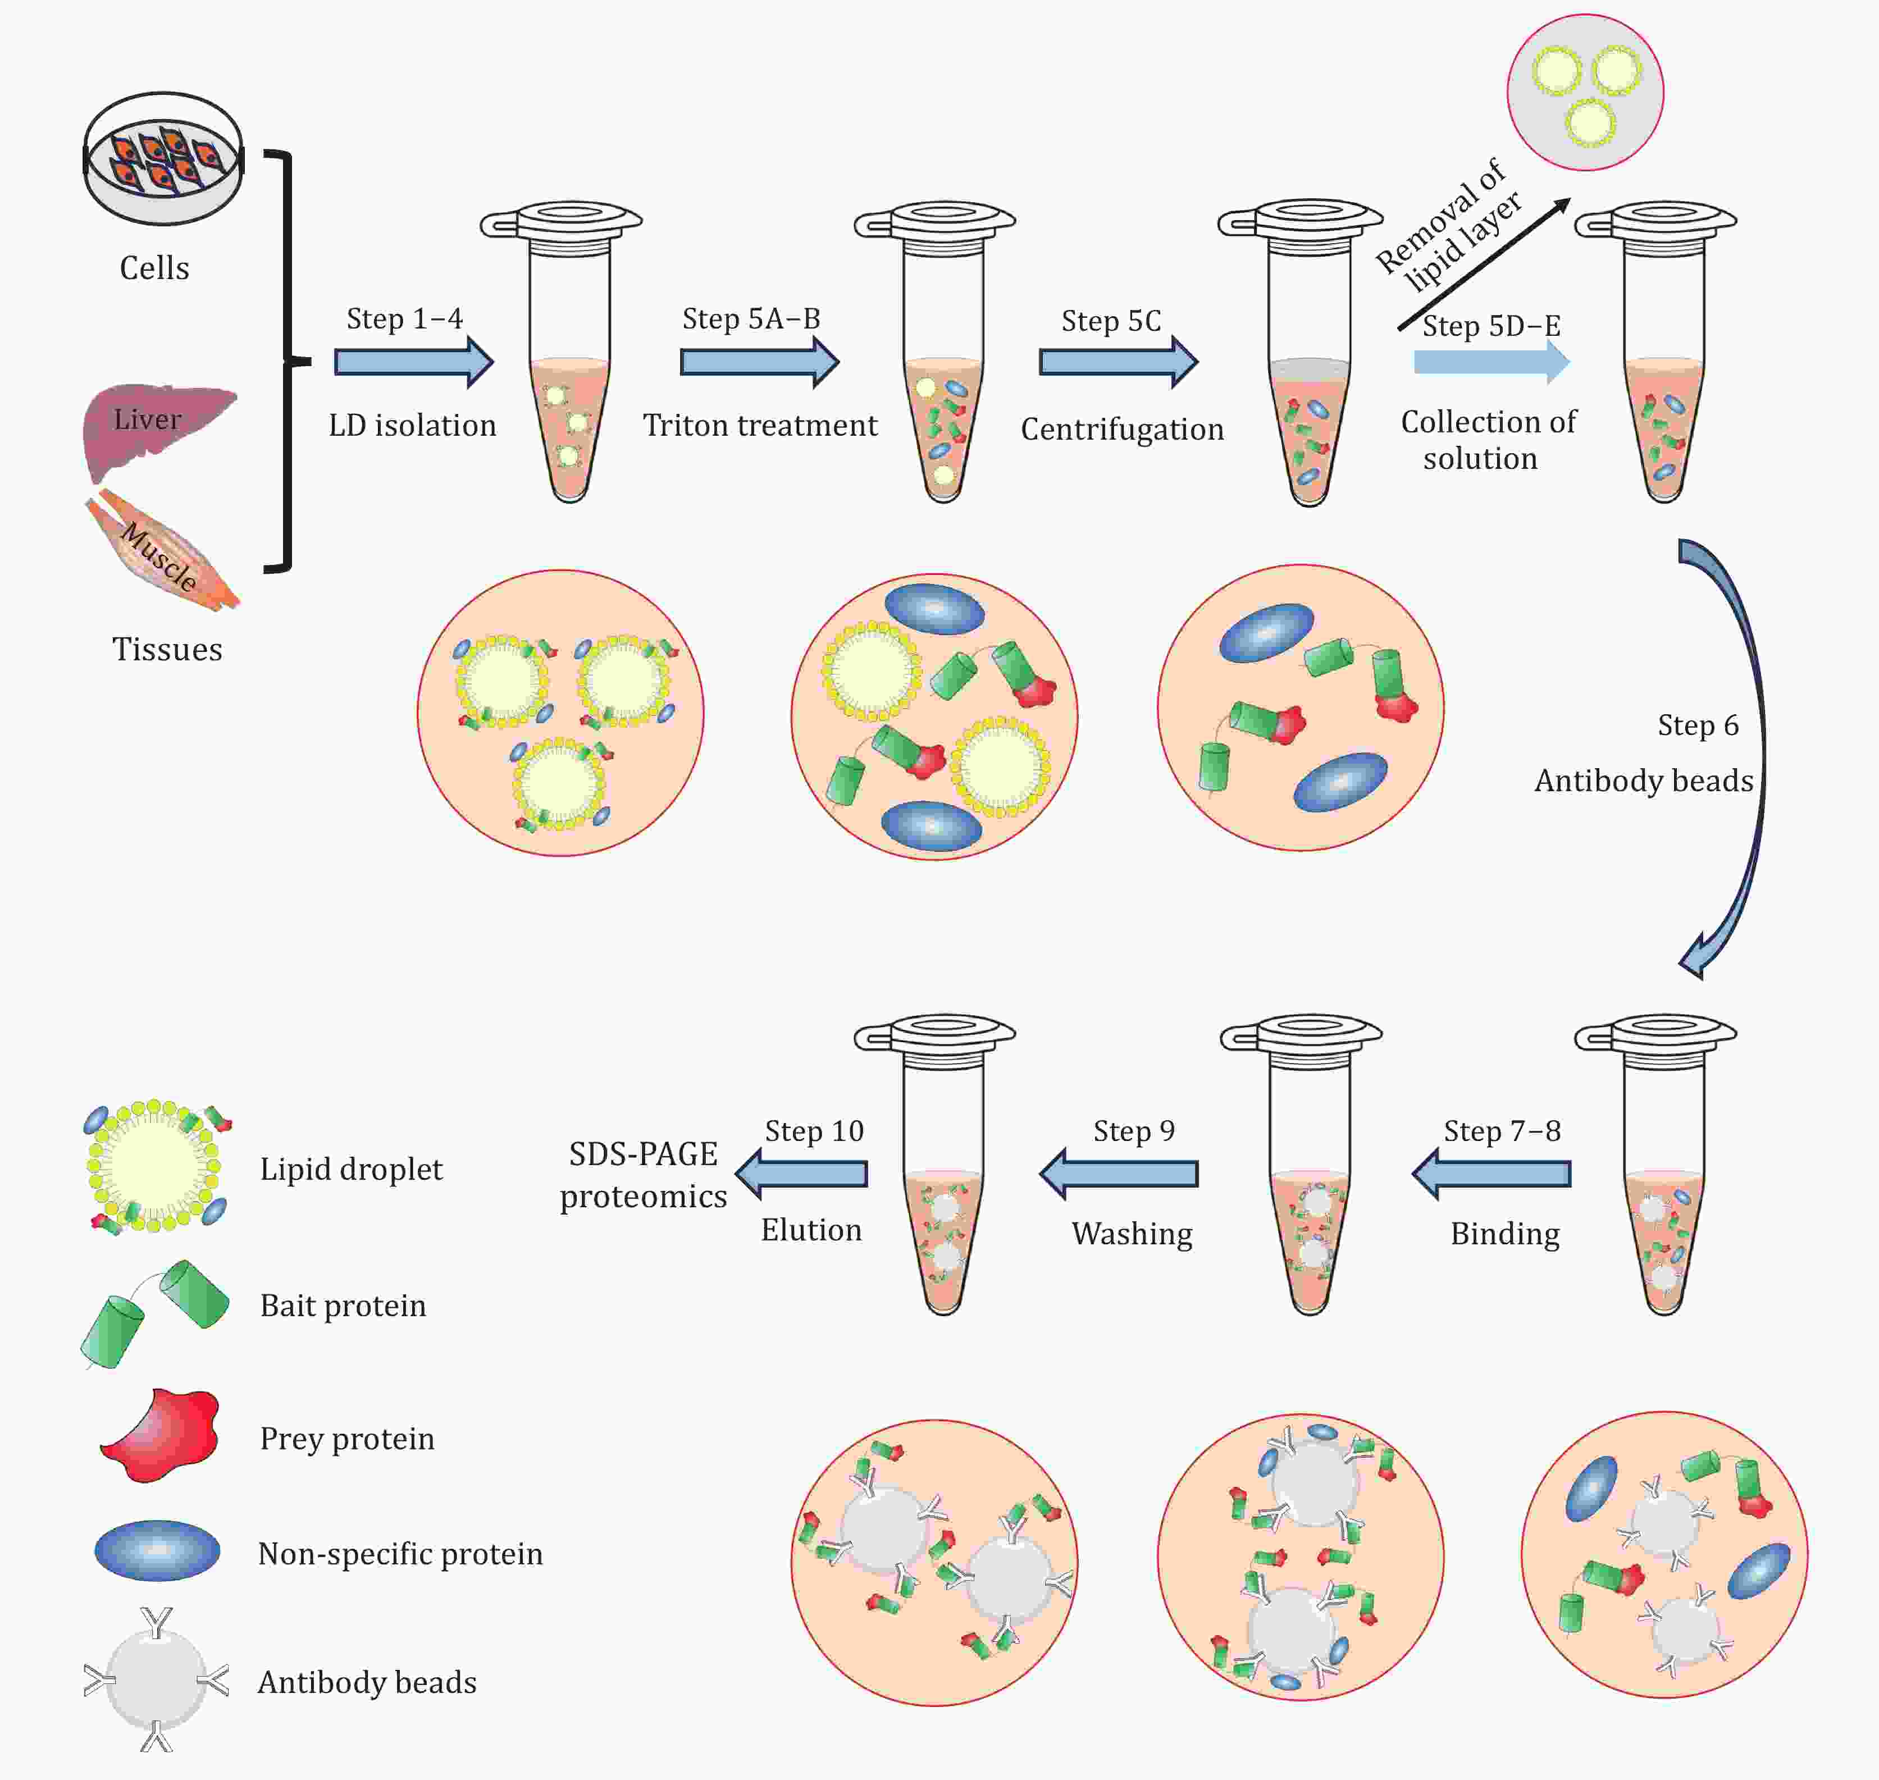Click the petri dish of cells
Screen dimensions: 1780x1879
click(x=163, y=158)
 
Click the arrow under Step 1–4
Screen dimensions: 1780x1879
click(x=414, y=362)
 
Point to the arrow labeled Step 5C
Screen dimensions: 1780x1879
click(x=1118, y=362)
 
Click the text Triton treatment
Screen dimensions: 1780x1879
click(x=759, y=425)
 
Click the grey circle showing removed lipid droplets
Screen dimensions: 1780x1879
click(x=1585, y=92)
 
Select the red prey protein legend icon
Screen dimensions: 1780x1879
click(x=161, y=1435)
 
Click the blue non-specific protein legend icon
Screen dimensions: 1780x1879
click(x=158, y=1550)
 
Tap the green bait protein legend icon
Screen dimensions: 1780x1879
click(x=154, y=1313)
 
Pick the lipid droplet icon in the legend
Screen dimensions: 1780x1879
click(x=154, y=1165)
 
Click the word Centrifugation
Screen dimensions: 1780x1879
click(x=1121, y=429)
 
